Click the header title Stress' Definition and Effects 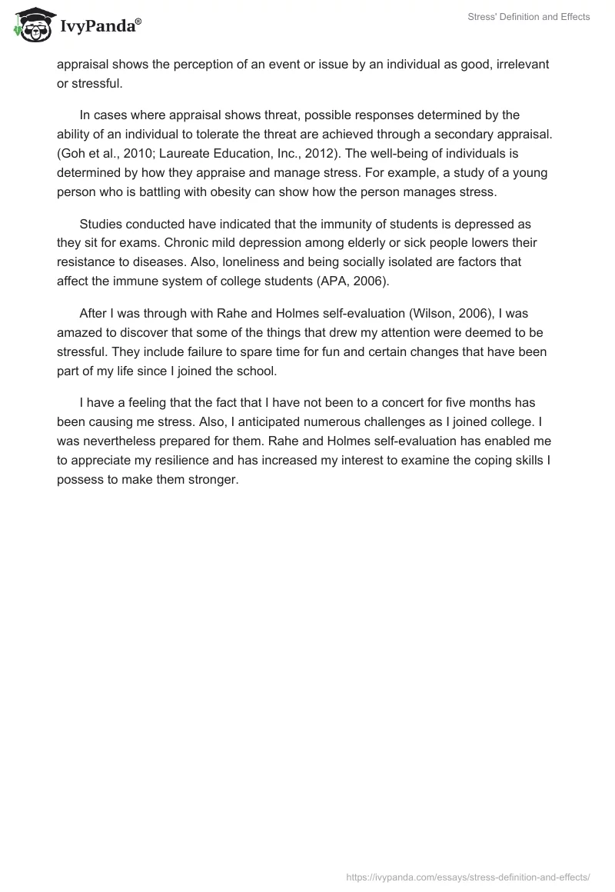528,17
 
